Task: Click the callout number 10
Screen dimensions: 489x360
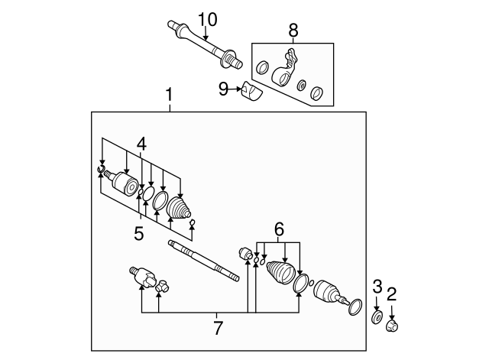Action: coord(207,20)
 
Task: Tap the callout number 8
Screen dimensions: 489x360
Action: coord(293,31)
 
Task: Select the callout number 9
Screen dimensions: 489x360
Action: coord(223,89)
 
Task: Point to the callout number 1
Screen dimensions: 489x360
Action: coord(169,95)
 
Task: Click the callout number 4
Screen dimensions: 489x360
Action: coord(141,144)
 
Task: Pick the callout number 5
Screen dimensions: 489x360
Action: coord(139,233)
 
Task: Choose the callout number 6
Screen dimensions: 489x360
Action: coord(279,229)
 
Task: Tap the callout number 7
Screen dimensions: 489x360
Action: coord(219,328)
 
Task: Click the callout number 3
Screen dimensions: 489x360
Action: coord(377,287)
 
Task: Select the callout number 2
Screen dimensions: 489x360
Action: coord(391,294)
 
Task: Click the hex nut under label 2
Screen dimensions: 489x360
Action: coord(392,326)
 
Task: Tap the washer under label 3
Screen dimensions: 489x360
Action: coord(377,317)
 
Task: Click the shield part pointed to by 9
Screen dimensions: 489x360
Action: coord(252,91)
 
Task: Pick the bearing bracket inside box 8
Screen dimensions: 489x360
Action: coord(283,69)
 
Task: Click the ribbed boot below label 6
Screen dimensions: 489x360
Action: coord(280,272)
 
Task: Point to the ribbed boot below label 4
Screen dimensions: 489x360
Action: coord(178,207)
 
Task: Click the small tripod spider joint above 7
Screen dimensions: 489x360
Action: coord(163,286)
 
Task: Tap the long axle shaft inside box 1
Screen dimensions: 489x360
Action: coord(204,261)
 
